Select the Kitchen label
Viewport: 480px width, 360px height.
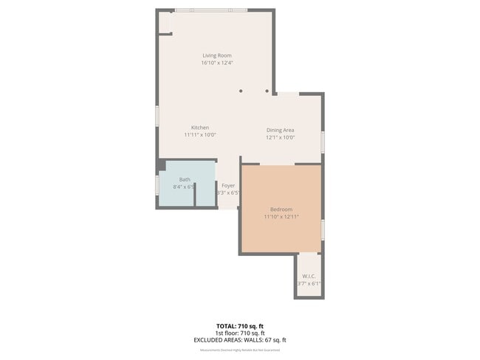[200, 128]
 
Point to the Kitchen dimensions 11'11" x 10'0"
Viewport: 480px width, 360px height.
[200, 135]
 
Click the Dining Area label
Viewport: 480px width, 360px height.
[281, 130]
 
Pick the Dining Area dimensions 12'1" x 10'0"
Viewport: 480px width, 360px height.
[281, 137]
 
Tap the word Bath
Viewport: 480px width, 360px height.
[185, 179]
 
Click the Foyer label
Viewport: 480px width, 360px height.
[228, 185]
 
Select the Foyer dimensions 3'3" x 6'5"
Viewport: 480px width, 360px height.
[228, 193]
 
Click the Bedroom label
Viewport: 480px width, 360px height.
[281, 209]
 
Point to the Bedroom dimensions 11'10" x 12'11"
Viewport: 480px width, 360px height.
[281, 217]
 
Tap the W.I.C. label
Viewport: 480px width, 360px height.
[309, 276]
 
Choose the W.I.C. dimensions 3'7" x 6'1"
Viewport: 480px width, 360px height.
[309, 283]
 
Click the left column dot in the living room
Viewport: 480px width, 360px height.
[240, 91]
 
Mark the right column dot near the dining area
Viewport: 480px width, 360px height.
[267, 91]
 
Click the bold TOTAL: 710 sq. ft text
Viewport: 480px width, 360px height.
[240, 325]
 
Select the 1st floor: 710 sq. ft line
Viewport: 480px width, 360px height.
[240, 333]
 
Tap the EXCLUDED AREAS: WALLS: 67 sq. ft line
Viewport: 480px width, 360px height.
[240, 340]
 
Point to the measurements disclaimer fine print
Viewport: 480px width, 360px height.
[240, 350]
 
